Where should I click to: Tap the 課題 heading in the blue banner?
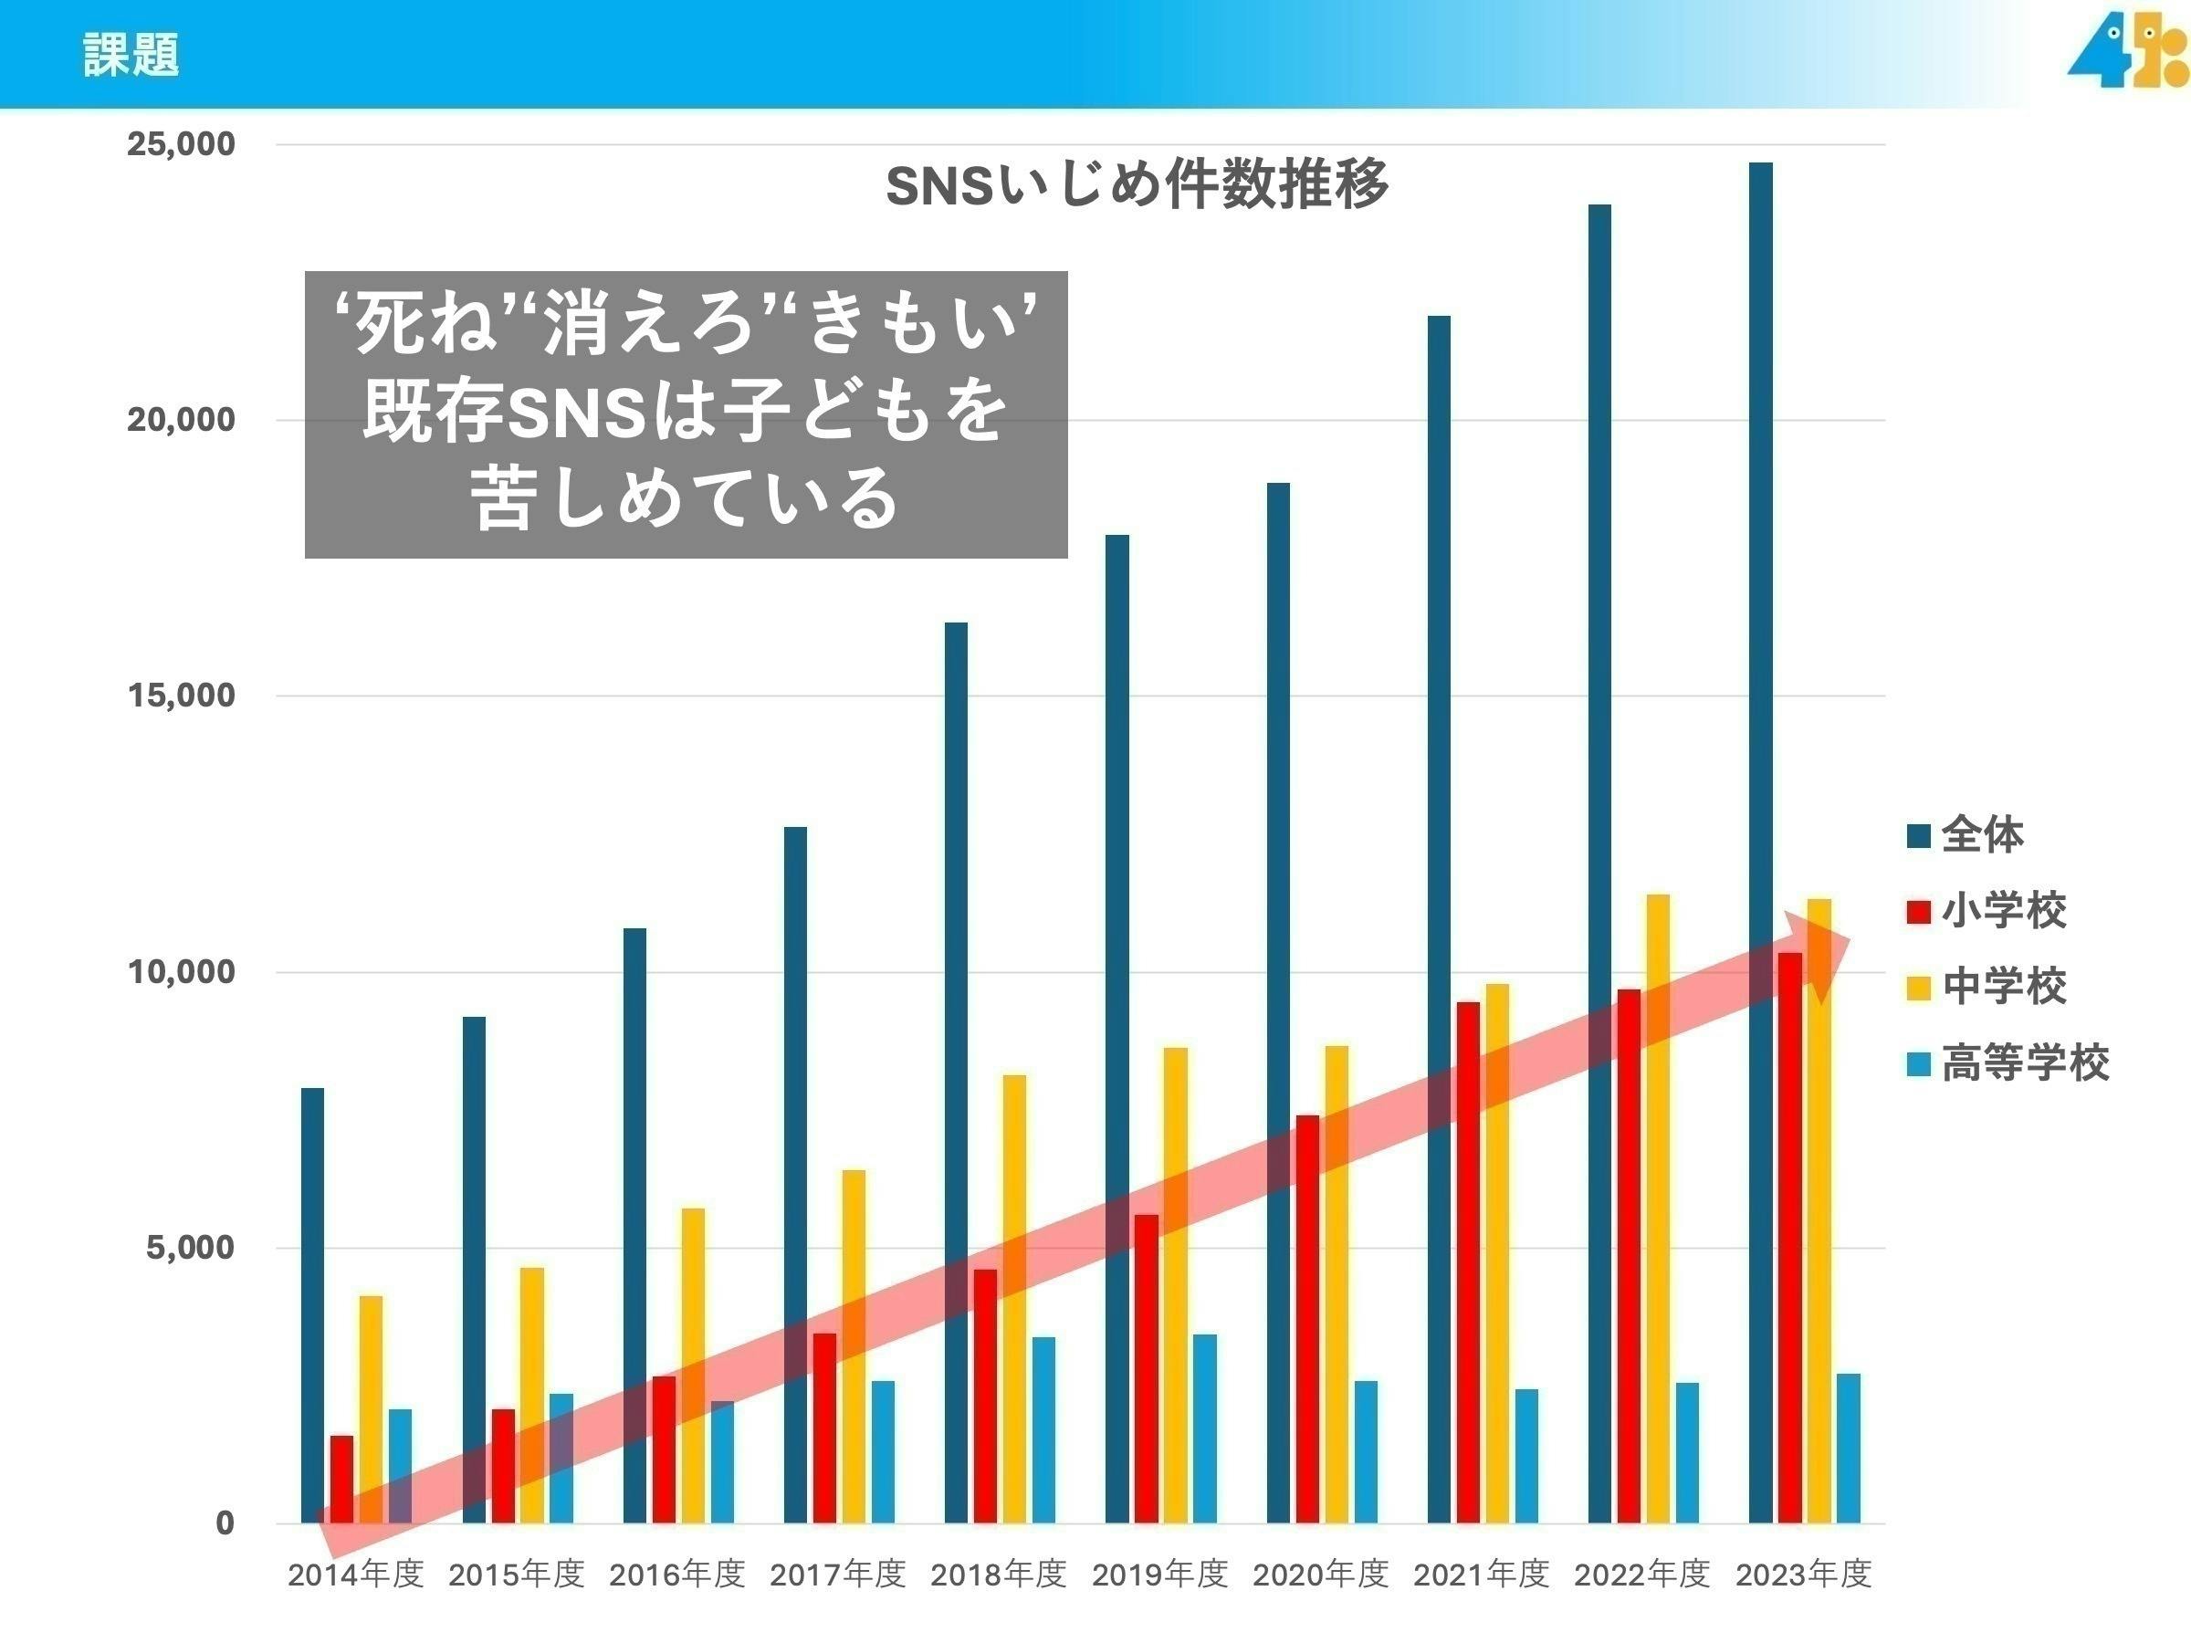click(131, 55)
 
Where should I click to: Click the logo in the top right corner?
click(2128, 56)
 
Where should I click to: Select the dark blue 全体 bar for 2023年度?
click(1760, 842)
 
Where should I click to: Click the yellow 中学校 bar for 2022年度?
click(1657, 1209)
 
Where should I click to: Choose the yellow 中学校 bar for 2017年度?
click(853, 1347)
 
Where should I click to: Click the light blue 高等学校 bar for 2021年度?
click(1526, 1456)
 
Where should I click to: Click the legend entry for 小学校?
click(1986, 910)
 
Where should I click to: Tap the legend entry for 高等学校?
click(2007, 1062)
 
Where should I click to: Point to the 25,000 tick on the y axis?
click(182, 144)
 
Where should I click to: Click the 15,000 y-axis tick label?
click(182, 696)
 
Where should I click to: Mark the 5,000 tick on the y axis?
click(191, 1247)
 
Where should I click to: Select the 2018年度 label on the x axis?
click(999, 1573)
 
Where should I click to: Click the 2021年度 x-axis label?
click(1481, 1573)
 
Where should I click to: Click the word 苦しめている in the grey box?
click(686, 498)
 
